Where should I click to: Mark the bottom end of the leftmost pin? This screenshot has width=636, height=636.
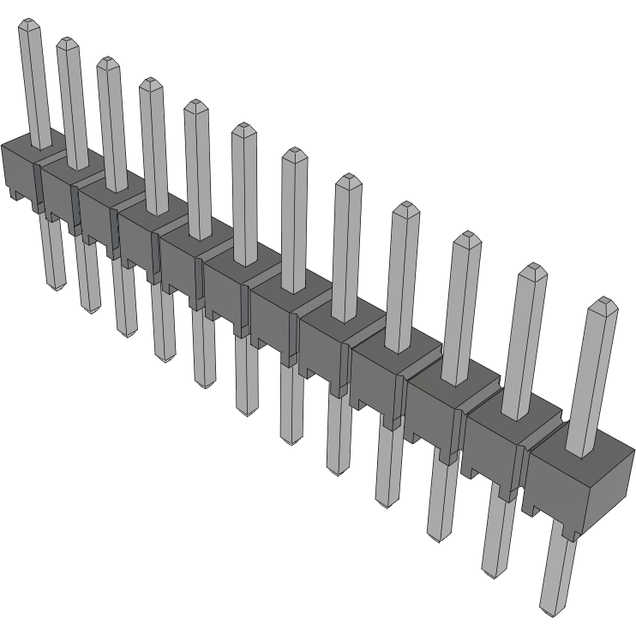pyautogui.click(x=57, y=286)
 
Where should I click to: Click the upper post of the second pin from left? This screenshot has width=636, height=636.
pyautogui.click(x=72, y=103)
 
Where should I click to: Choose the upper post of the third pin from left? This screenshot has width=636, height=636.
pyautogui.click(x=111, y=124)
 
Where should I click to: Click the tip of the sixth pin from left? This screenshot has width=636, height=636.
pyautogui.click(x=243, y=129)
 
